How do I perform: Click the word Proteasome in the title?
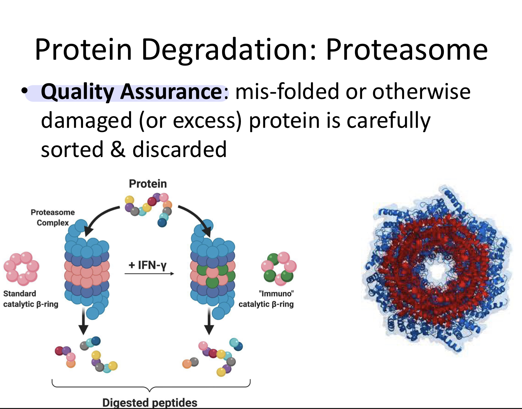pyautogui.click(x=407, y=50)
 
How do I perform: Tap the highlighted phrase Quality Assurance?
pyautogui.click(x=131, y=92)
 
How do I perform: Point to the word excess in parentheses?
pyautogui.click(x=204, y=120)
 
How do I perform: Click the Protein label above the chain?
pyautogui.click(x=148, y=184)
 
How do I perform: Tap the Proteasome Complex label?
pyautogui.click(x=53, y=218)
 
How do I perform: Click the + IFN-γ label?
pyautogui.click(x=147, y=265)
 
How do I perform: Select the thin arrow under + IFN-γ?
pyautogui.click(x=149, y=273)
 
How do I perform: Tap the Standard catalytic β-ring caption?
pyautogui.click(x=31, y=299)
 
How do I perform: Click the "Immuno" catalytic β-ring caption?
pyautogui.click(x=266, y=299)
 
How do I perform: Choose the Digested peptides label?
pyautogui.click(x=150, y=403)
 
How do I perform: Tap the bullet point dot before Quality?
pyautogui.click(x=24, y=91)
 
